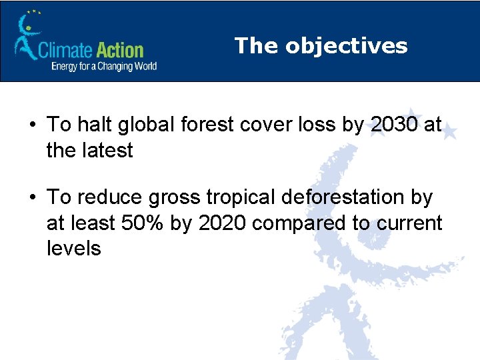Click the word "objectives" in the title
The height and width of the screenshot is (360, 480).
click(x=346, y=45)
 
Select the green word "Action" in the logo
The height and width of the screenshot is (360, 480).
click(x=121, y=50)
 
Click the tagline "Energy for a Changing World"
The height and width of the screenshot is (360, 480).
click(x=104, y=66)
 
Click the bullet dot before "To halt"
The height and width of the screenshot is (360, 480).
click(x=32, y=125)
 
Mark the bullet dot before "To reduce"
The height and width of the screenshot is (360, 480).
click(x=32, y=198)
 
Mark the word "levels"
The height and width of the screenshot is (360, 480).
click(x=73, y=248)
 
